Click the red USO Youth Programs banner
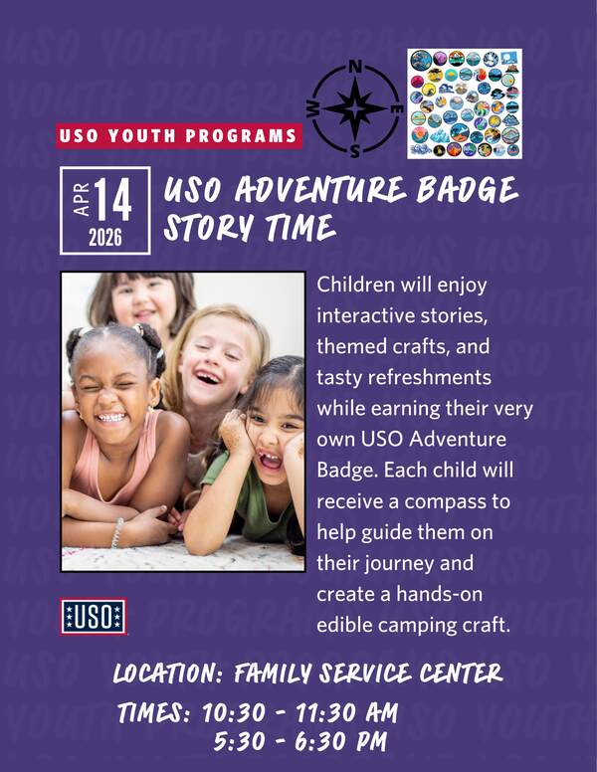179,136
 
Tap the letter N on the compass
354,67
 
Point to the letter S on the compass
354,151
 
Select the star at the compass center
355,108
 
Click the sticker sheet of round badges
465,103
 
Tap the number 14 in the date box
113,199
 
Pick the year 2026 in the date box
104,239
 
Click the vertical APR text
82,199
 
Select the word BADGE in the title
467,190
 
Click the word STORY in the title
209,229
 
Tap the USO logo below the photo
94,617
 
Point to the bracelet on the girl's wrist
117,532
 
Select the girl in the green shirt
251,458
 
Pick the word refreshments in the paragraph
430,378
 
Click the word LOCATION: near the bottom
168,674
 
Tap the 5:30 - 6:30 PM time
299,742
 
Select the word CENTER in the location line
461,674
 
